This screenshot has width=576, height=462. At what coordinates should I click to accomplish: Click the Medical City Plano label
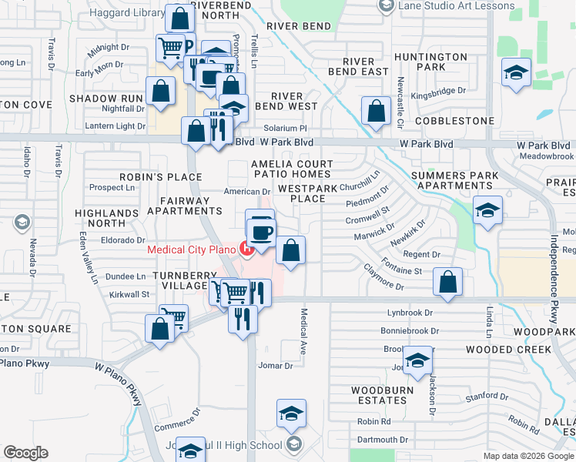click(x=192, y=249)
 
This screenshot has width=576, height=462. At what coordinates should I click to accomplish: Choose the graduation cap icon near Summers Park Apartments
click(x=487, y=209)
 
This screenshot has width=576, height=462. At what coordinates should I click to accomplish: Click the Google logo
click(x=25, y=453)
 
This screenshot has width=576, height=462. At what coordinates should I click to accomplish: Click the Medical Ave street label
click(x=303, y=331)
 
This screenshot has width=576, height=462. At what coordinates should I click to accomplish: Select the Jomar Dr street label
click(x=276, y=366)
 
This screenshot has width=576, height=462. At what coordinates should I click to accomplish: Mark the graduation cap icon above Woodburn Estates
click(x=417, y=360)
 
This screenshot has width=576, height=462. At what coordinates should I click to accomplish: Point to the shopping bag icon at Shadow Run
click(x=160, y=90)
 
